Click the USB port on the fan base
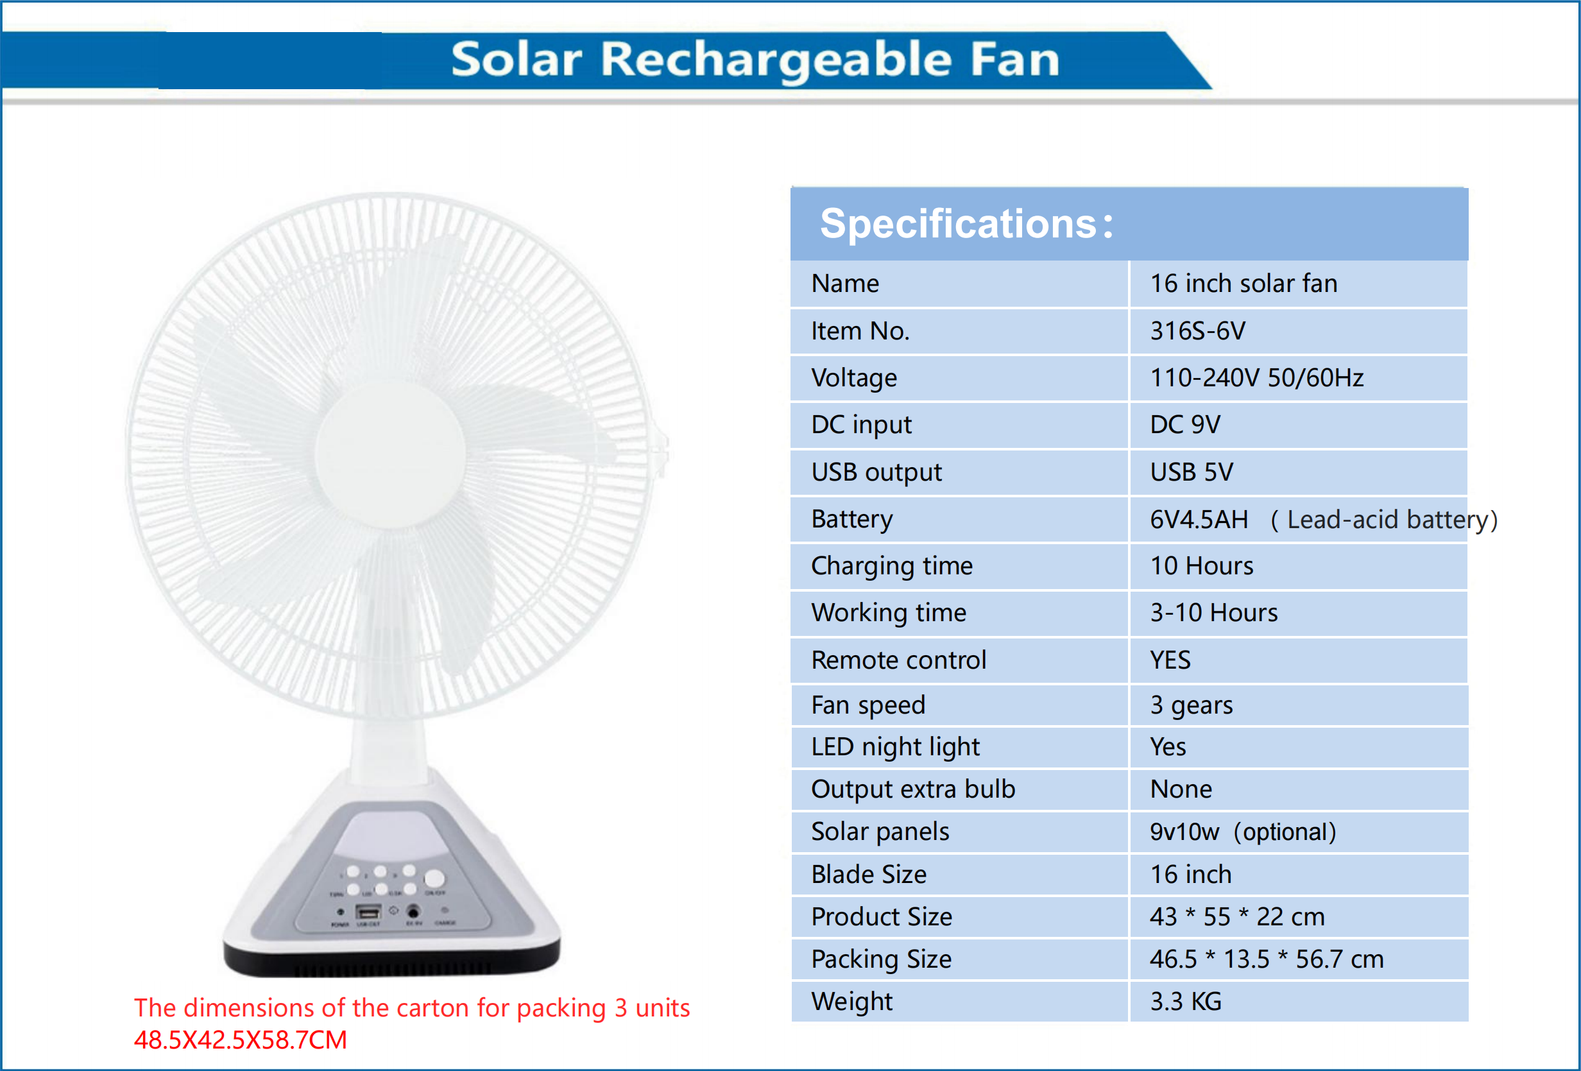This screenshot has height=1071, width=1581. tap(368, 912)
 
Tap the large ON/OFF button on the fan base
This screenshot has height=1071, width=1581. tap(434, 878)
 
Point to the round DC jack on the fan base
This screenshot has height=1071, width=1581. tap(413, 911)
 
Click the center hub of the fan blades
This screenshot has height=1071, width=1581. tap(390, 453)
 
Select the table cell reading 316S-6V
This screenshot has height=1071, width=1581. tap(1197, 331)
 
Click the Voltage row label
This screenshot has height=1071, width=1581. tap(854, 379)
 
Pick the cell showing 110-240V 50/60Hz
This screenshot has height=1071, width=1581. tap(1256, 379)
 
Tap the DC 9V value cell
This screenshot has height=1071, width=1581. tap(1185, 425)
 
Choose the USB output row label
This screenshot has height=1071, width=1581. tap(876, 472)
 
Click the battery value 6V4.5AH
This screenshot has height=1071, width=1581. tap(1199, 520)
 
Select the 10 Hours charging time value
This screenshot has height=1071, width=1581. tap(1201, 566)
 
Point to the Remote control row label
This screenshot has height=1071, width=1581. tap(898, 660)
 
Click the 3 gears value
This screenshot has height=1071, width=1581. tap(1191, 706)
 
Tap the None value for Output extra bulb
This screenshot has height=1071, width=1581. tap(1181, 789)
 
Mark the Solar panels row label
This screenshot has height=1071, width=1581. tap(880, 832)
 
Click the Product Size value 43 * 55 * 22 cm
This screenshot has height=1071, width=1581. tap(1237, 917)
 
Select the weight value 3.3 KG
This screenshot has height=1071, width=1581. tap(1186, 1002)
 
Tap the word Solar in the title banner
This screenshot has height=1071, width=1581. tap(517, 60)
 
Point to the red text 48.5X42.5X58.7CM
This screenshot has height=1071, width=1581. tap(240, 1040)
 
